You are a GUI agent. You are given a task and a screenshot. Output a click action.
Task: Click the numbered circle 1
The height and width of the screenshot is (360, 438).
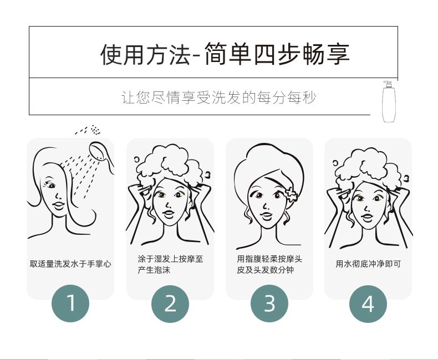pos(70,304)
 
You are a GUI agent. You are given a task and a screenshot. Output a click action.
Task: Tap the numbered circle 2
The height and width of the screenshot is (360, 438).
pos(170,304)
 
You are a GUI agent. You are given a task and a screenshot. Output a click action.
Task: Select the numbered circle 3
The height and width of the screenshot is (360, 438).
pos(269,304)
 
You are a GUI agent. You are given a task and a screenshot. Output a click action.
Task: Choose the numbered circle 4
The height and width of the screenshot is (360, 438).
pos(368,304)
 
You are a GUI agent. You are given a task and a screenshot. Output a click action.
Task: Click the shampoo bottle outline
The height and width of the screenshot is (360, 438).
pos(389,101)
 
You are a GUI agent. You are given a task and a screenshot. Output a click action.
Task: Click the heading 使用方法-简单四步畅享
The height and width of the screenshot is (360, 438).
pos(225,54)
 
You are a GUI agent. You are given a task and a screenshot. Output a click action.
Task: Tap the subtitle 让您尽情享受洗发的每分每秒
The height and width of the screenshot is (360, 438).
pos(218,97)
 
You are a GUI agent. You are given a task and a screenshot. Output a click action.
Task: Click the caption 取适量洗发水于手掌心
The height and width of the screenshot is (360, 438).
pos(70,264)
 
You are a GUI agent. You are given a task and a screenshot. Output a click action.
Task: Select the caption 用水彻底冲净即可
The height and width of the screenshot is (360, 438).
pos(368,264)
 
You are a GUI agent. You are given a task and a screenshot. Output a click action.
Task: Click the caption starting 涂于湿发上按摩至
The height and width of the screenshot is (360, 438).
pos(170,264)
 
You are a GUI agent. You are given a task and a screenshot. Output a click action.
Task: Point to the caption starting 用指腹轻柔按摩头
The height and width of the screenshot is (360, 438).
pos(269,264)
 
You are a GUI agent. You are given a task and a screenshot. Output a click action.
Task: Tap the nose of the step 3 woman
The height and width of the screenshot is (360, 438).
pos(266,206)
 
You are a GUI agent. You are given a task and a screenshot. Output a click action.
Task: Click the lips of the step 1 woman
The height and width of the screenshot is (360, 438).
pos(58,205)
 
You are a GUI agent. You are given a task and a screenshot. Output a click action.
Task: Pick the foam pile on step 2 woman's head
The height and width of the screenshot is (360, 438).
pos(170,164)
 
